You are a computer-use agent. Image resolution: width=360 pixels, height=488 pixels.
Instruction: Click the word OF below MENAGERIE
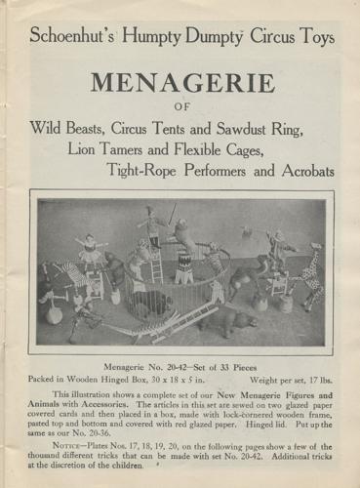(180, 108)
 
